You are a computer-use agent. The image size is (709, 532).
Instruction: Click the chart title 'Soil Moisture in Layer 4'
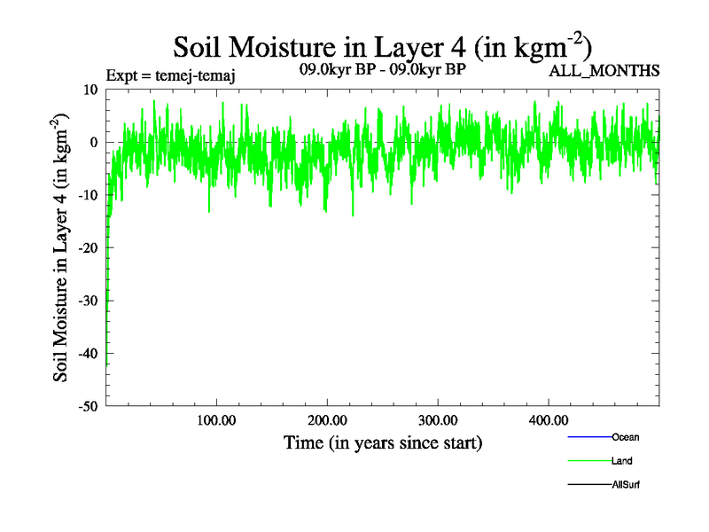[381, 46]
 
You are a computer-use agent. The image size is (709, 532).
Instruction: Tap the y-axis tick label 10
[90, 90]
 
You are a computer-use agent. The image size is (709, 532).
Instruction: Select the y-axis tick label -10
[87, 195]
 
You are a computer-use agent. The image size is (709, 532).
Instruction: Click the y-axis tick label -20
[87, 248]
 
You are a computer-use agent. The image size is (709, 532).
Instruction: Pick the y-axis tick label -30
[87, 301]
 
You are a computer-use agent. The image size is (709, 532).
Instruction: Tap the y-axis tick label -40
[87, 354]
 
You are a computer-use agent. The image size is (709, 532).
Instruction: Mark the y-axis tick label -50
[87, 406]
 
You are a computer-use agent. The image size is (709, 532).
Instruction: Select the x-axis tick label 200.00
[327, 420]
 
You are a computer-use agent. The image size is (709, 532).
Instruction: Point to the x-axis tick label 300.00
[438, 420]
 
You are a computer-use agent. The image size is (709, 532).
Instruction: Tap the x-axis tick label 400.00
[548, 420]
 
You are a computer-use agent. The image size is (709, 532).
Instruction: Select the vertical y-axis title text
[62, 248]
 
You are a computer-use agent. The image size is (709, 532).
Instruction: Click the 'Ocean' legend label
[625, 437]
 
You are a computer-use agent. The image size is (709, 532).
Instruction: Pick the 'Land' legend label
[621, 461]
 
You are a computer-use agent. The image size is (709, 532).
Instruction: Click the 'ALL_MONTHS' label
[605, 71]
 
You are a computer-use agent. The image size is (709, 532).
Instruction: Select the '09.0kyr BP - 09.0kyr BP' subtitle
[383, 68]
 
